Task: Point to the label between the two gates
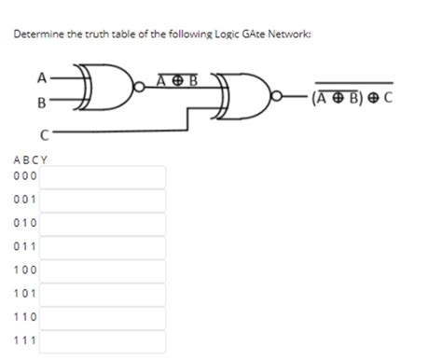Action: pyautogui.click(x=177, y=79)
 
